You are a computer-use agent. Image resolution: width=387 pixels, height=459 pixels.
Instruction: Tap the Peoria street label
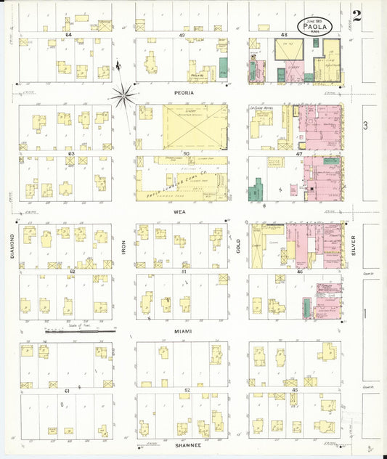coord(183,93)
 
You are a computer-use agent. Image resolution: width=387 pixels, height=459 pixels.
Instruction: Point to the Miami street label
coord(182,331)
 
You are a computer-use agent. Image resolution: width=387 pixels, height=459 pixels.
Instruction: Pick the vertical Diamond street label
coord(12,248)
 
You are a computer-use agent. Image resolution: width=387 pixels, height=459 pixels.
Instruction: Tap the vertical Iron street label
coord(124,248)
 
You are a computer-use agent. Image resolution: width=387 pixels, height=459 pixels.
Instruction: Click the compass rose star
coord(125,92)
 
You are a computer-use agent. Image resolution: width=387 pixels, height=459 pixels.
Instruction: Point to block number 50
coord(186,153)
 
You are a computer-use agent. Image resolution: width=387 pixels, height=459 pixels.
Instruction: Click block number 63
coord(71,154)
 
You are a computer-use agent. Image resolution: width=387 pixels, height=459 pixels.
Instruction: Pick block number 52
coord(187,391)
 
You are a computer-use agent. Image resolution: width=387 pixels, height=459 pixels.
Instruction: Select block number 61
coord(67,391)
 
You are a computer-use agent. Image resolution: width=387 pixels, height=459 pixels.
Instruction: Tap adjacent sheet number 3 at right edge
coord(366,126)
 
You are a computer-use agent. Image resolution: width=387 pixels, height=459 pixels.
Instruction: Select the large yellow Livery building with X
coord(195,126)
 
